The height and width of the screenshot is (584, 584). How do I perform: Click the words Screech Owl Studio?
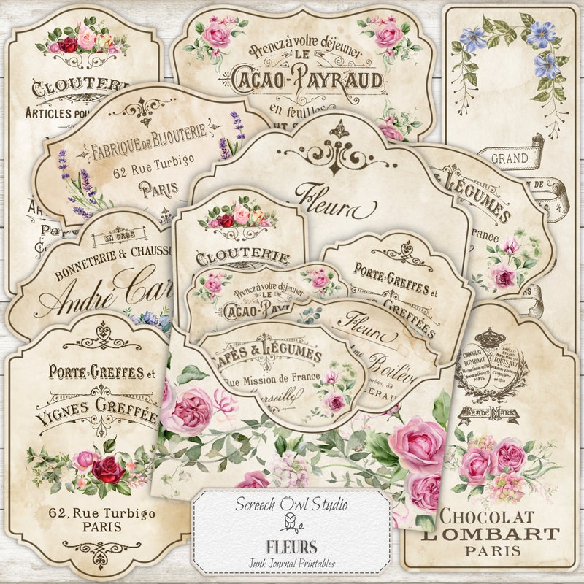[291, 504]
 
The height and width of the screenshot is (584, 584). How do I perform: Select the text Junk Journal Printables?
[291, 560]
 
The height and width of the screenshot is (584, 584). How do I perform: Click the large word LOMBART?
[488, 533]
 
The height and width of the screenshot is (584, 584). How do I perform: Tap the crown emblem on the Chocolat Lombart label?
[491, 338]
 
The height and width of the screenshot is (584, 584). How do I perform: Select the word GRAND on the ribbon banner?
[510, 158]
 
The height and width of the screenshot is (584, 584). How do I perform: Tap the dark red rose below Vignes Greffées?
[109, 469]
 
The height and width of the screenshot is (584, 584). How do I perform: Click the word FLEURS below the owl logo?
[291, 546]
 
